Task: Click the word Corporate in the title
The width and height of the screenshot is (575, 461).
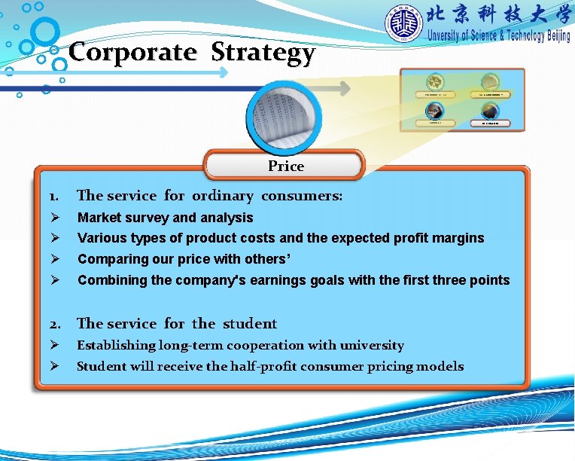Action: (x=132, y=52)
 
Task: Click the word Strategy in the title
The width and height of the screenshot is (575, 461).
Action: (x=263, y=53)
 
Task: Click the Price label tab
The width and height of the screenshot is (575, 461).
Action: (x=286, y=166)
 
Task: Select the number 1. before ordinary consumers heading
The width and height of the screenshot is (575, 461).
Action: (x=53, y=197)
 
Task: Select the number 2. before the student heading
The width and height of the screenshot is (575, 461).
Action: (x=54, y=325)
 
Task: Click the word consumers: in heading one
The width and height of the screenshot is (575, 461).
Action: (x=302, y=196)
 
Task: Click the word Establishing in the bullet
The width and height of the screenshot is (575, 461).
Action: (x=117, y=346)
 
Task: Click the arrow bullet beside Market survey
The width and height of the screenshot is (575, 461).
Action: (x=54, y=218)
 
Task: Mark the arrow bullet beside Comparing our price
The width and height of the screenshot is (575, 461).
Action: (x=54, y=259)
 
